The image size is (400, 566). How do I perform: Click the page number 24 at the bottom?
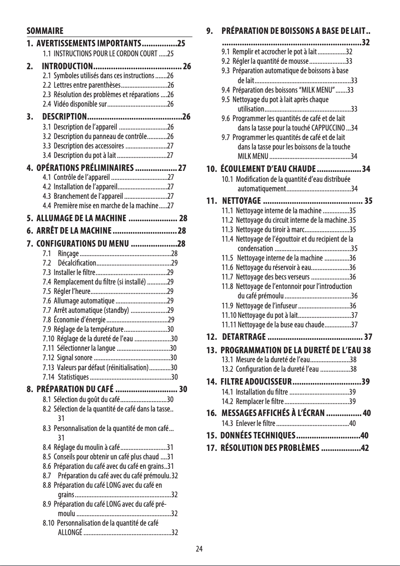pyautogui.click(x=200, y=549)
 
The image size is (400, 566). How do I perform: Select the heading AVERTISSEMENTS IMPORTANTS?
pyautogui.click(x=89, y=43)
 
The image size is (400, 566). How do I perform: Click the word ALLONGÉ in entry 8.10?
pyautogui.click(x=70, y=532)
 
